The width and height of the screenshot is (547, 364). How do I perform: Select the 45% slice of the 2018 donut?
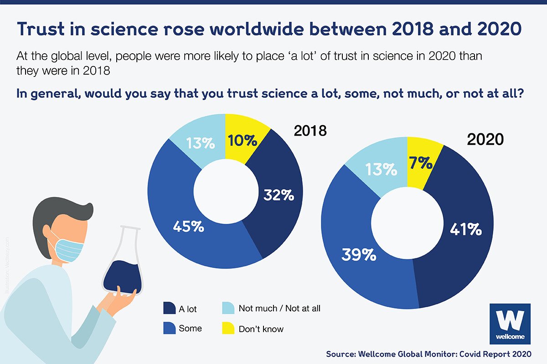pyautogui.click(x=187, y=226)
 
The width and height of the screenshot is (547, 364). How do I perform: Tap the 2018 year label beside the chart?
pyautogui.click(x=310, y=131)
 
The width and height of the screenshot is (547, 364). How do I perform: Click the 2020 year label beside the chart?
pyautogui.click(x=485, y=139)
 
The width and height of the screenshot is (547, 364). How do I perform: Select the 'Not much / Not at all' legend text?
pyautogui.click(x=279, y=308)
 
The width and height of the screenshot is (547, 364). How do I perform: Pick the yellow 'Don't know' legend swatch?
pyautogui.click(x=228, y=328)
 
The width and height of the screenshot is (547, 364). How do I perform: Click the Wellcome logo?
pyautogui.click(x=509, y=324)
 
